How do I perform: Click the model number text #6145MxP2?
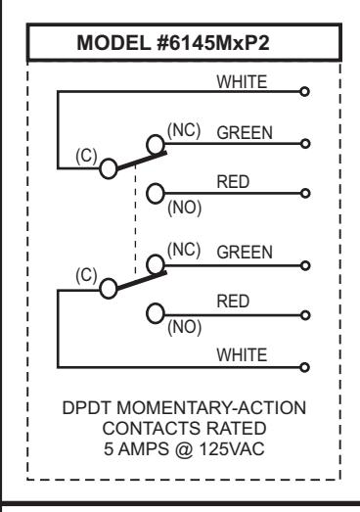pyautogui.click(x=213, y=43)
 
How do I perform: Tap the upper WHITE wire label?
pyautogui.click(x=242, y=81)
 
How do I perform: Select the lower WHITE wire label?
pyautogui.click(x=242, y=355)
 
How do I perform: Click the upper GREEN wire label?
pyautogui.click(x=245, y=133)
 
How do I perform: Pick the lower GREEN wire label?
pyautogui.click(x=245, y=253)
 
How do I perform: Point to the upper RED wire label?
pyautogui.click(x=233, y=182)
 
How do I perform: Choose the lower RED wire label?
pyautogui.click(x=233, y=302)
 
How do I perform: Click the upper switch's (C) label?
pyautogui.click(x=86, y=156)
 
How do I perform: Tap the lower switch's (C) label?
pyautogui.click(x=86, y=275)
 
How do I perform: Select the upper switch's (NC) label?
pyautogui.click(x=184, y=130)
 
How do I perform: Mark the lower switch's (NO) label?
pyautogui.click(x=185, y=327)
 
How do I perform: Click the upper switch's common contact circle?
pyautogui.click(x=109, y=168)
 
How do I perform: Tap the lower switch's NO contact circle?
pyautogui.click(x=156, y=313)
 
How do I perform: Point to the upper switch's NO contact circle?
pyautogui.click(x=156, y=194)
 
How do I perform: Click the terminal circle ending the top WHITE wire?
pyautogui.click(x=304, y=92)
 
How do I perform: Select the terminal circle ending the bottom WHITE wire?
pyautogui.click(x=304, y=368)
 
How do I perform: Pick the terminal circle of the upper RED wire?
pyautogui.click(x=305, y=194)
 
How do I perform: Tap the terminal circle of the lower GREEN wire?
pyautogui.click(x=305, y=266)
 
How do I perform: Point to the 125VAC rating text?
pyautogui.click(x=232, y=449)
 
